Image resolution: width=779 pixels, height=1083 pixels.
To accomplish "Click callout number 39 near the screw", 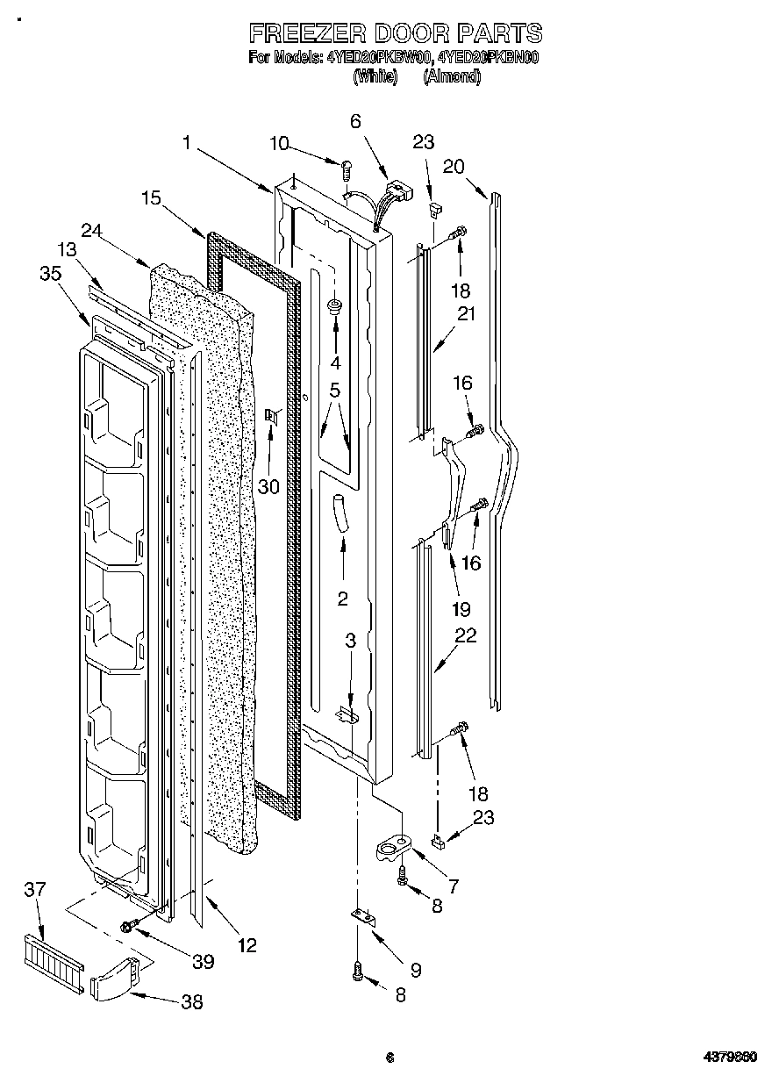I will coord(203,962).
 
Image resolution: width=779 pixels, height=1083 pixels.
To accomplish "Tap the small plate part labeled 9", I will coord(363,916).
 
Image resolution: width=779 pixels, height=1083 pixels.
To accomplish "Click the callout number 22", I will coord(466,635).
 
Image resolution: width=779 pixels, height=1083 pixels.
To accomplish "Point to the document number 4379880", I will coord(732,1058).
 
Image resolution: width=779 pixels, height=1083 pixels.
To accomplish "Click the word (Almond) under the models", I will coord(452,76).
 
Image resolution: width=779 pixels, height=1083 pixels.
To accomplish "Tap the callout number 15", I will coord(151,199).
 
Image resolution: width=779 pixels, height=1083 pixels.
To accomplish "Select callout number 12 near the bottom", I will coord(247,945).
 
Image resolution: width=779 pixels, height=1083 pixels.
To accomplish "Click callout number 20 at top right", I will coord(454,168).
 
